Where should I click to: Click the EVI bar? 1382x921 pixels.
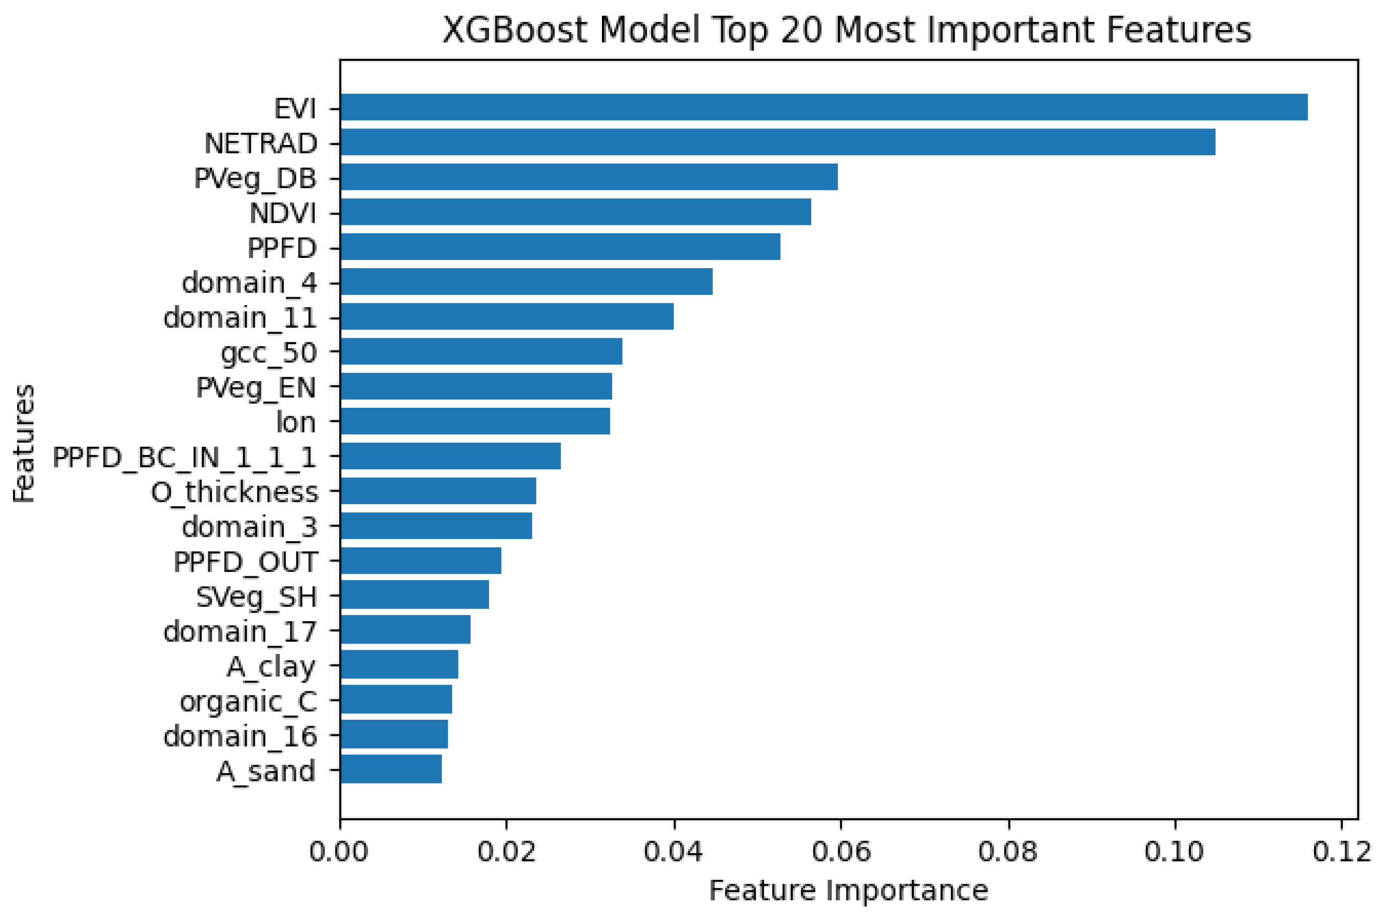[x=823, y=107]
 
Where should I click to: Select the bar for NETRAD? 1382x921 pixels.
[x=777, y=142]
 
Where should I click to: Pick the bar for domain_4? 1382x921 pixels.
[x=526, y=281]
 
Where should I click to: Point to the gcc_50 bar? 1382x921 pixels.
[x=481, y=351]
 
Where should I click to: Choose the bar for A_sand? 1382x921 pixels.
[x=391, y=770]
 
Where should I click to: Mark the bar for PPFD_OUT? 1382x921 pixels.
[x=421, y=560]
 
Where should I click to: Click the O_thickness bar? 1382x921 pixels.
[x=438, y=490]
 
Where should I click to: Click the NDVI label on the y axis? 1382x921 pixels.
[x=282, y=212]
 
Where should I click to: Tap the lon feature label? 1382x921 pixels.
[x=296, y=422]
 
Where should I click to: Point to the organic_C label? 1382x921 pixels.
[x=248, y=701]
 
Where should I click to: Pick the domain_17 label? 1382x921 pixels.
[x=240, y=631]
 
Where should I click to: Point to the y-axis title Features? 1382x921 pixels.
[x=24, y=444]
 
